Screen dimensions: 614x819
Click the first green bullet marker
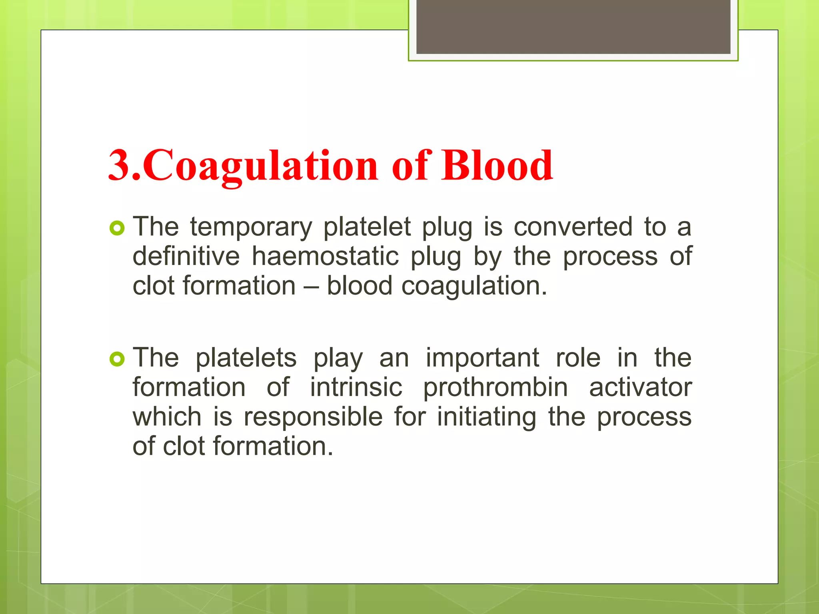[117, 229]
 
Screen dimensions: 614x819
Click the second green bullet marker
[117, 360]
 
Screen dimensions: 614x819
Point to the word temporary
[251, 227]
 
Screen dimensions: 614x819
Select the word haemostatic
[325, 256]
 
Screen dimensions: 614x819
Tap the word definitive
[186, 256]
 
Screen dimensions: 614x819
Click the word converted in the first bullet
[573, 227]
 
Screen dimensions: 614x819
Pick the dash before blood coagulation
[311, 287]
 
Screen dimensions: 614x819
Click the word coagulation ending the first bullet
[474, 287]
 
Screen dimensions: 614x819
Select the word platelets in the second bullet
[246, 358]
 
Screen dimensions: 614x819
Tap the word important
[482, 358]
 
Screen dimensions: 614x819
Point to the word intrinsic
[356, 387]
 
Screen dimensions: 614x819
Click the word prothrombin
[495, 387]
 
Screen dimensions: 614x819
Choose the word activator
[640, 387]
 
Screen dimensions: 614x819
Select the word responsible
[313, 417]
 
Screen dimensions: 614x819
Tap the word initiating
[486, 417]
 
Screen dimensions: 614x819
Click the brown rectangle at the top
[573, 26]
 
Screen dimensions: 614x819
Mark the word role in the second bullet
[578, 358]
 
